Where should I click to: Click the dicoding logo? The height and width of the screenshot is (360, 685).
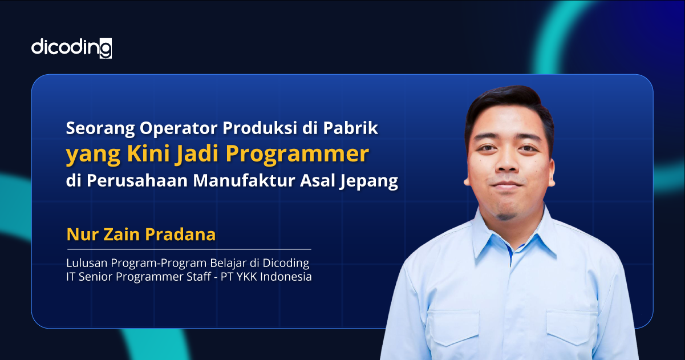[x=71, y=47]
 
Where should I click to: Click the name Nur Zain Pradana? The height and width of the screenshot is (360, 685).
[x=141, y=234]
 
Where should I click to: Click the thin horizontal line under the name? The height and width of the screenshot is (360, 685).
[x=189, y=249]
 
